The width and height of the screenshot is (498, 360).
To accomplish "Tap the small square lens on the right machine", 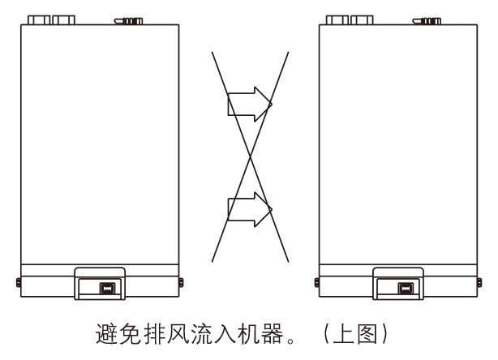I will coord(404,288).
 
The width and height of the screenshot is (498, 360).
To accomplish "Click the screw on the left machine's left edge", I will coord(18,281).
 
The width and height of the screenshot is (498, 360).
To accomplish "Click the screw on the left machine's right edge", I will coord(179,281).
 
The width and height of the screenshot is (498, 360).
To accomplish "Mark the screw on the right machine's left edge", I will coord(314,281).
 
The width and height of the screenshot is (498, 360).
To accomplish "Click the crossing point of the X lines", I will coord(250,157).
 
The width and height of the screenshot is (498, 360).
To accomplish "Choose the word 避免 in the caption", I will coord(118,332).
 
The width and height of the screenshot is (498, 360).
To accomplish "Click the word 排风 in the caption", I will coord(165,332).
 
